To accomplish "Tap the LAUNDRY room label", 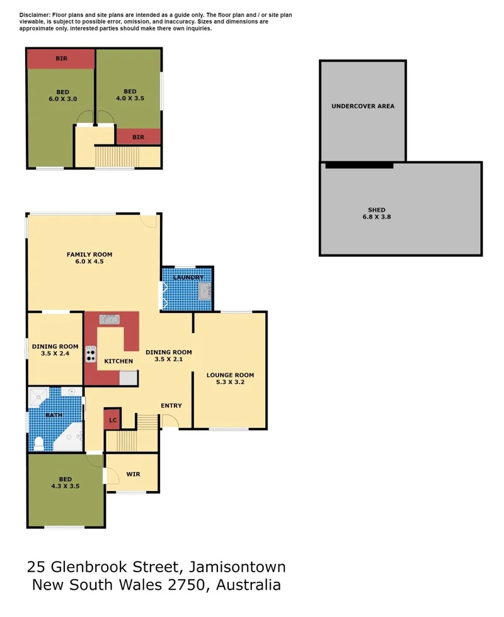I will (188, 278).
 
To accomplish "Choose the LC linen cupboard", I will (113, 420).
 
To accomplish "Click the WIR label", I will (133, 473).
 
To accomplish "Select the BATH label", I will (54, 416).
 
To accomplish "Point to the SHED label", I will (377, 210).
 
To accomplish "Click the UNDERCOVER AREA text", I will (363, 106).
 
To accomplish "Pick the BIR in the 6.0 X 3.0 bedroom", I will (61, 59).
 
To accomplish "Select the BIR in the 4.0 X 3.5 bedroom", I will (138, 137).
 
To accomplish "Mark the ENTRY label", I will (171, 405).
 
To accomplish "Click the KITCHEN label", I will (118, 361).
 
